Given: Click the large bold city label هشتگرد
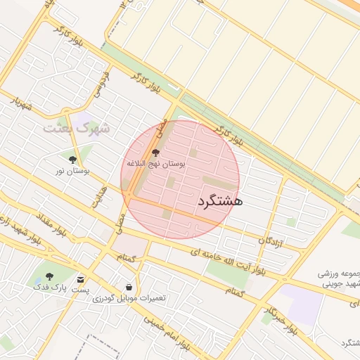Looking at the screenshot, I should point(220,201).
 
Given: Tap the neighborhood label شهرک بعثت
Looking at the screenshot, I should point(77,129).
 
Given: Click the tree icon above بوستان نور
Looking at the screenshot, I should point(72,160).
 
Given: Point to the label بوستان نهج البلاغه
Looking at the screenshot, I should point(155,163).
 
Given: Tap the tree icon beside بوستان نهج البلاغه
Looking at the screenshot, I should point(156,153).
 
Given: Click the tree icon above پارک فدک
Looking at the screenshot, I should point(49,276).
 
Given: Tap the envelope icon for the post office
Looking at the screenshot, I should point(82,279).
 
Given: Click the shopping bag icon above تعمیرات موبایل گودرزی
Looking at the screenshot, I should point(129,287).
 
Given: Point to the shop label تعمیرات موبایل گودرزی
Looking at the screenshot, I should point(129,298).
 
